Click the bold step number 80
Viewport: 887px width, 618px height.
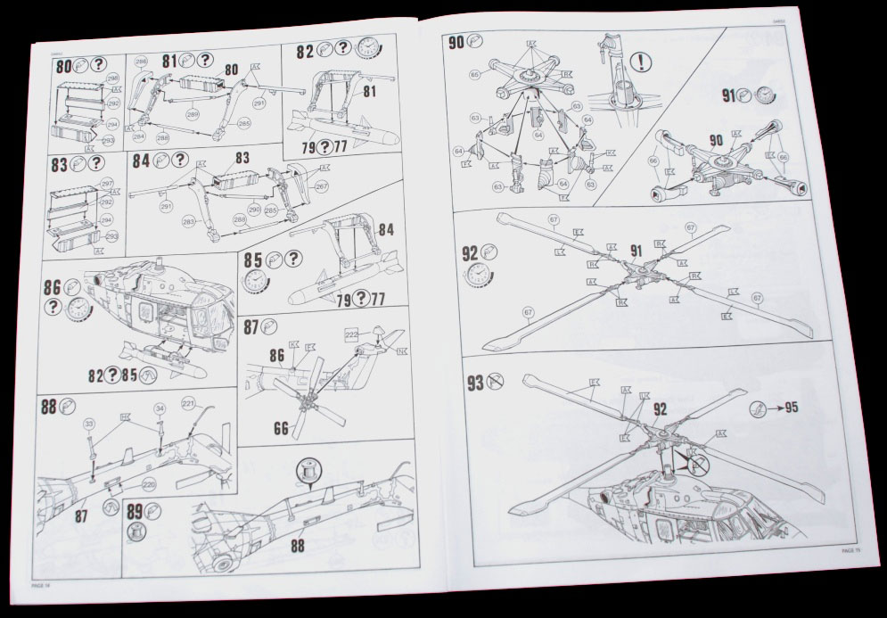point(62,66)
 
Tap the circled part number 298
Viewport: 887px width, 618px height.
point(112,78)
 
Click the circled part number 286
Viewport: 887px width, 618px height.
point(141,61)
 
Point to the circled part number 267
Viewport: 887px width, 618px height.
point(321,185)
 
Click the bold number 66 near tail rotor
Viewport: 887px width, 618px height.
point(282,429)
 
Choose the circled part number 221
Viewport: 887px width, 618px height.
point(188,404)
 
